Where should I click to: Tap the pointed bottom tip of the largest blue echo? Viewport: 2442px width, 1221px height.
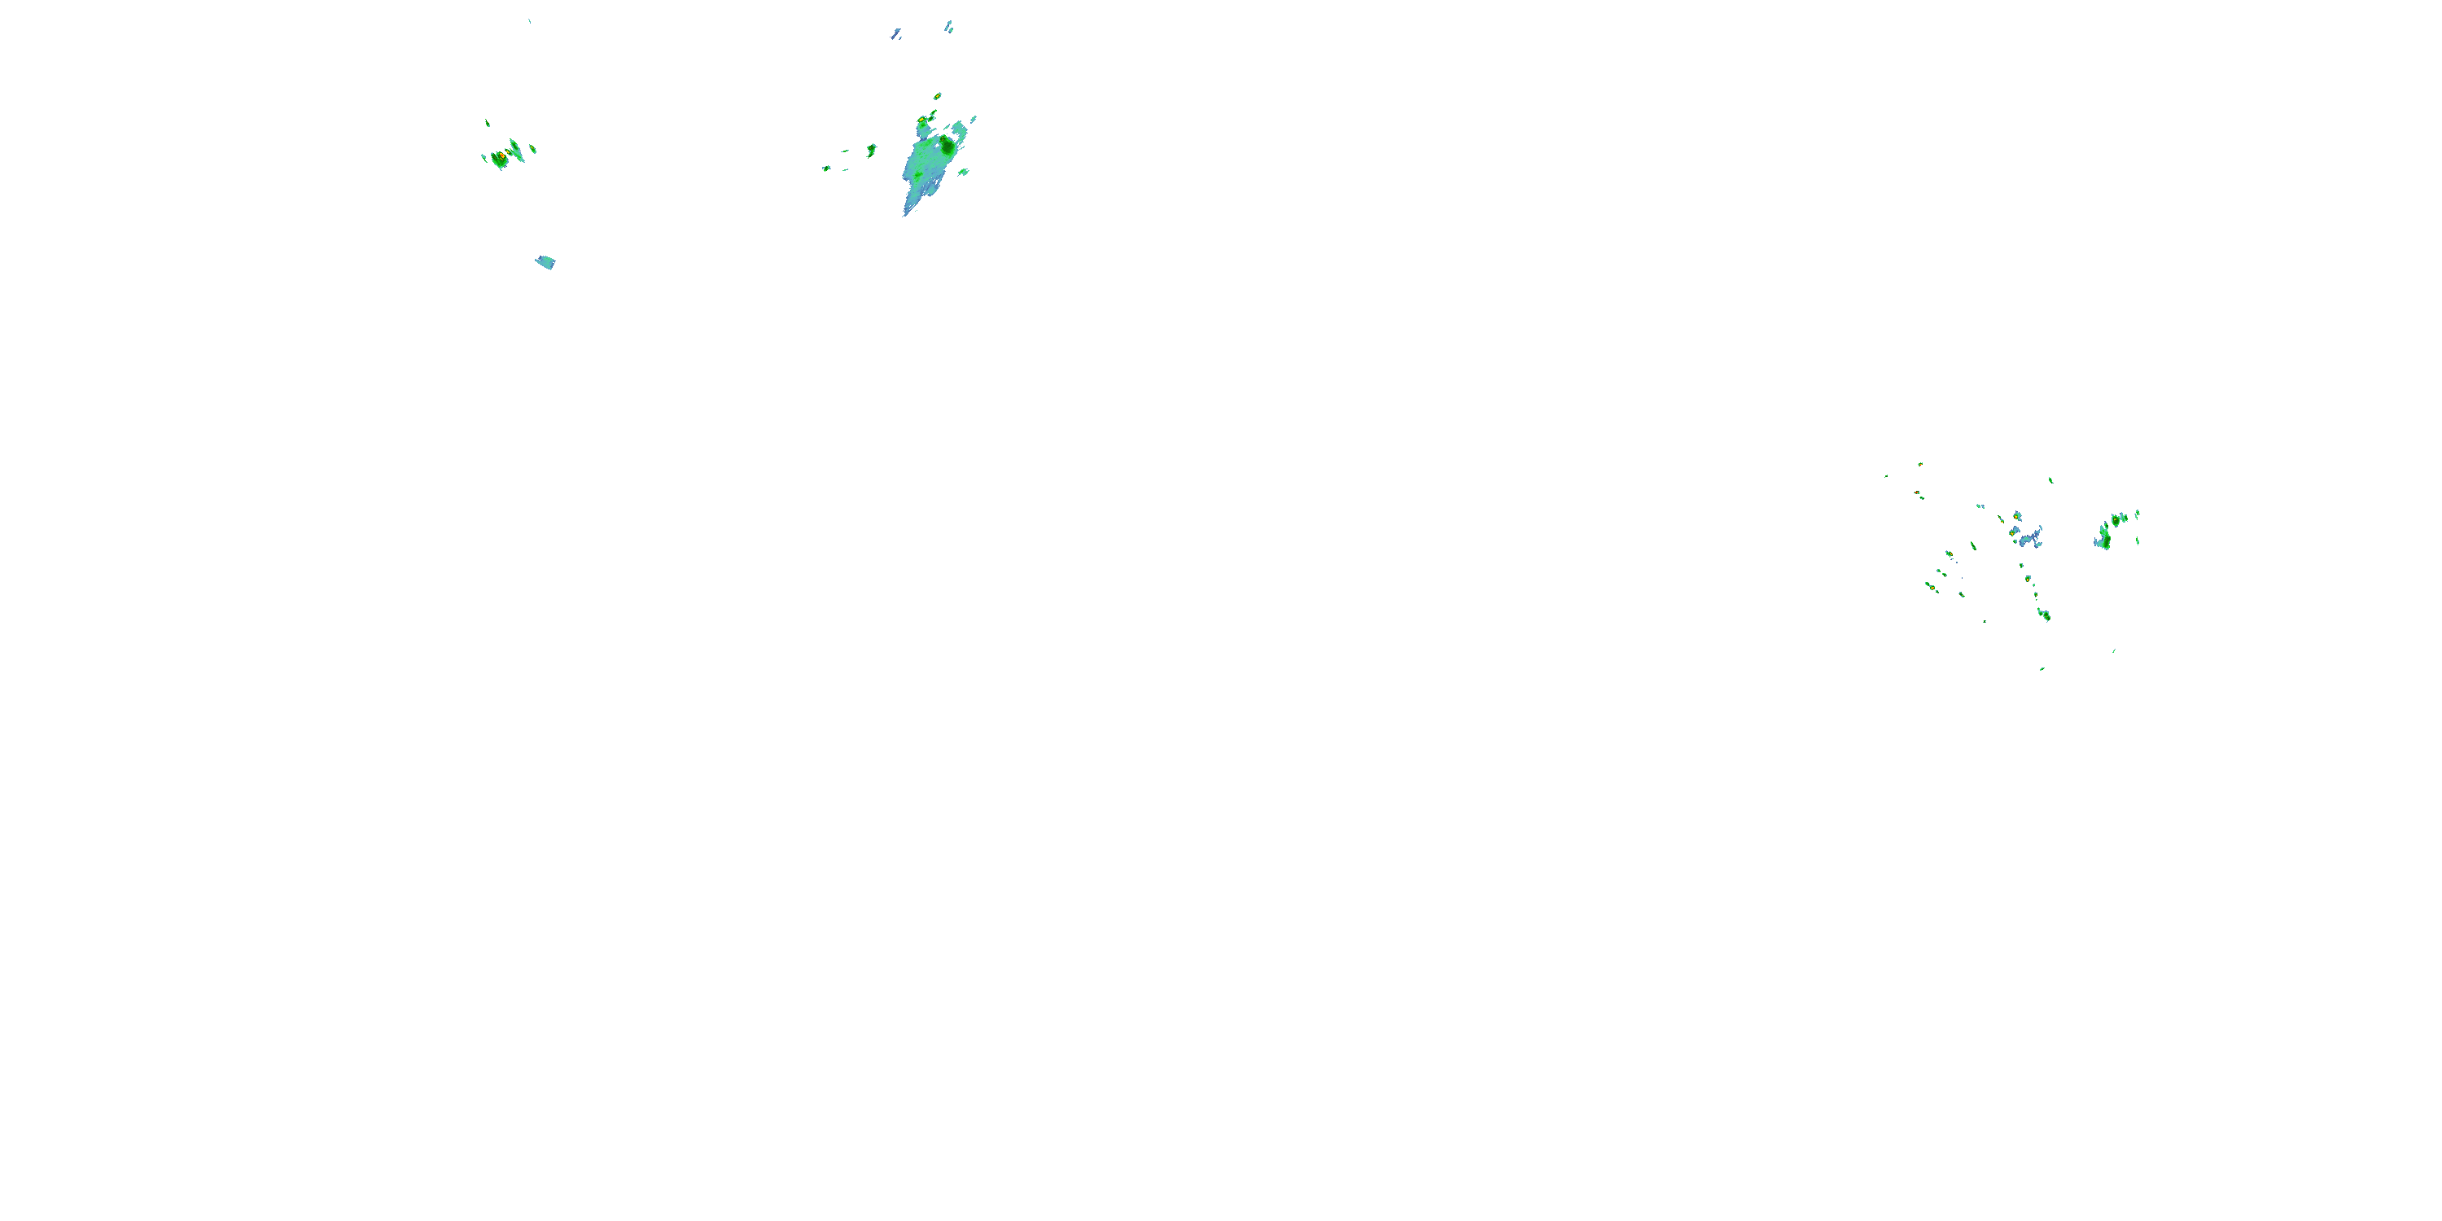click(x=904, y=214)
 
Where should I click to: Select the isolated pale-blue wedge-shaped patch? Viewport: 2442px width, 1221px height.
click(x=545, y=261)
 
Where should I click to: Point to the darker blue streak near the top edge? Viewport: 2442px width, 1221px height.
click(x=896, y=34)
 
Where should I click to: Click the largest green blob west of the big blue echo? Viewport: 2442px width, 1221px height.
click(x=871, y=150)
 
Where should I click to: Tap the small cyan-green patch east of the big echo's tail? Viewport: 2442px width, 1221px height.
click(x=963, y=173)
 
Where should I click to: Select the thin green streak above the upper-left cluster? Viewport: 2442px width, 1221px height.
click(x=488, y=122)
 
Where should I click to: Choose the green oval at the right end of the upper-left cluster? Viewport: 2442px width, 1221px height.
click(x=533, y=149)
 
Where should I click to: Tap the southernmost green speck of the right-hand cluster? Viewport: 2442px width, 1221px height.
click(x=2042, y=669)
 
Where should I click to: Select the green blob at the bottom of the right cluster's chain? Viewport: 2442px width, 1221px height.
click(x=2045, y=615)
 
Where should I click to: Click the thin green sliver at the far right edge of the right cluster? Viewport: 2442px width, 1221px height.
click(x=2138, y=541)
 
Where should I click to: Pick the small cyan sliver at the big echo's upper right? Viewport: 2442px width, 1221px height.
click(x=973, y=120)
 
